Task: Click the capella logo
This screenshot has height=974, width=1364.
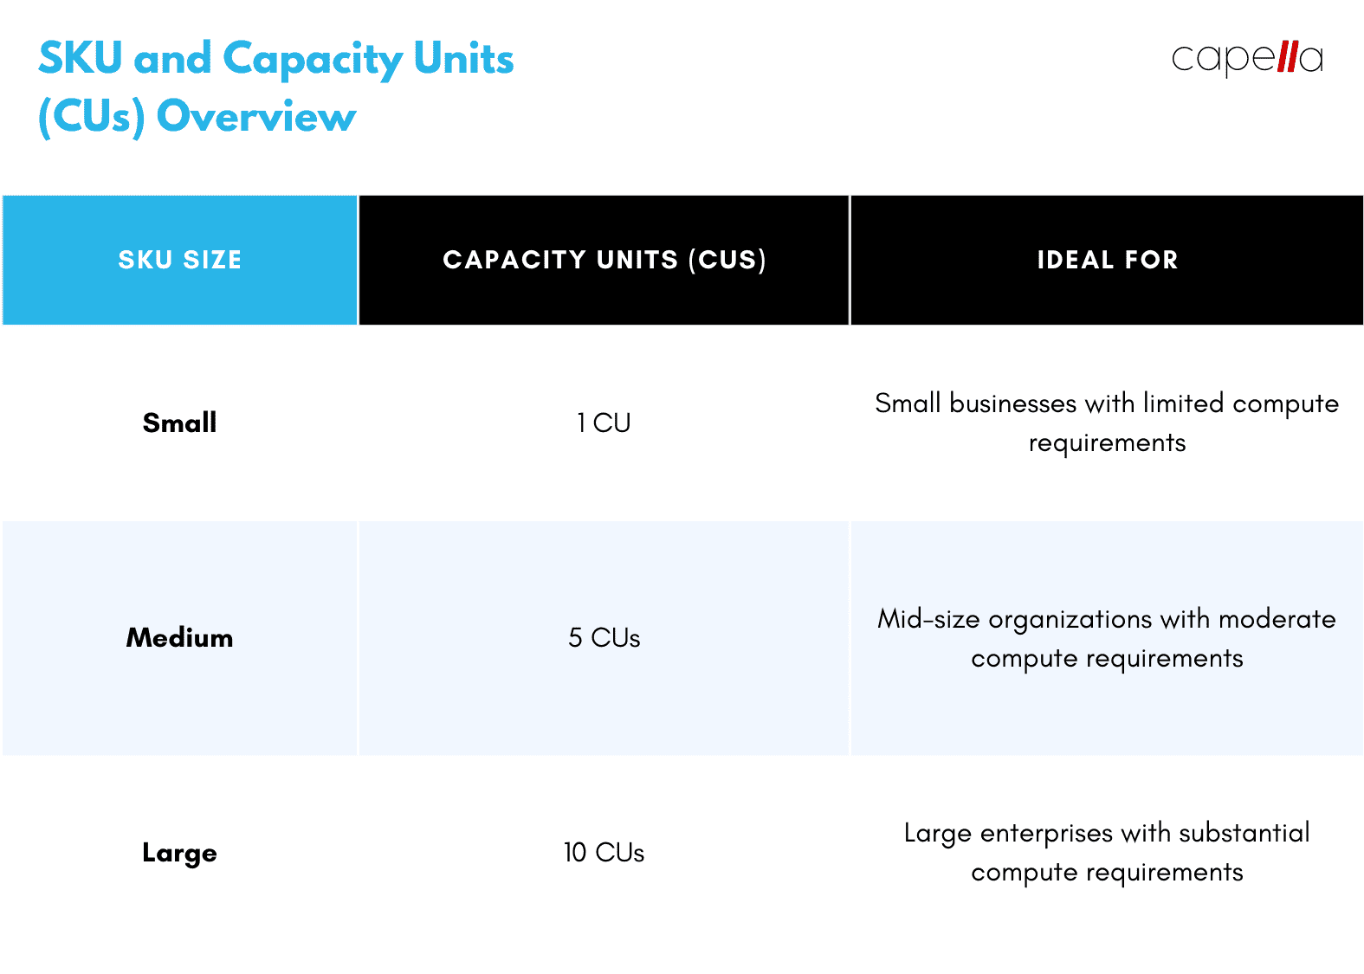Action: click(x=1246, y=58)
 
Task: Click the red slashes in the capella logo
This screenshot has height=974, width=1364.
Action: click(x=1288, y=57)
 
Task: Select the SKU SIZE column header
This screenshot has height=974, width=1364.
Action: click(x=180, y=260)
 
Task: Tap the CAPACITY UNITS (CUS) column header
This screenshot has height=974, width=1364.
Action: click(x=604, y=260)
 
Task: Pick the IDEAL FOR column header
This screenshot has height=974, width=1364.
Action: click(x=1107, y=260)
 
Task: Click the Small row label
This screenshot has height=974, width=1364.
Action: click(x=179, y=422)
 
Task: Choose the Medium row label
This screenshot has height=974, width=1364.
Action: click(x=179, y=638)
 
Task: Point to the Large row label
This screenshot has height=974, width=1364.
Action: click(x=179, y=853)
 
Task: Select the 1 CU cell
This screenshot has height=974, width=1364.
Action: click(x=604, y=422)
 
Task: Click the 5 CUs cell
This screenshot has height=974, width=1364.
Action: click(x=604, y=638)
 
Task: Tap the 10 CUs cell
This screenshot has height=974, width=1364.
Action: click(x=604, y=853)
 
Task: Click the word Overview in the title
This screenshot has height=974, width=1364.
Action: click(x=256, y=117)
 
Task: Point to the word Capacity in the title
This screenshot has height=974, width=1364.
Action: click(x=313, y=60)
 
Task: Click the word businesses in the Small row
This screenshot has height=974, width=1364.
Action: click(x=1012, y=403)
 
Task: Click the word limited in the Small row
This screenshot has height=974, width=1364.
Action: click(x=1183, y=403)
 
